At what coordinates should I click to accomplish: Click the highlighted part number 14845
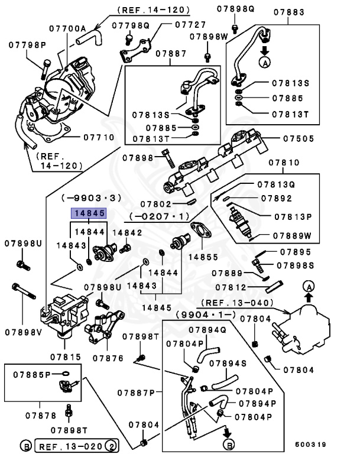(89, 215)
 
